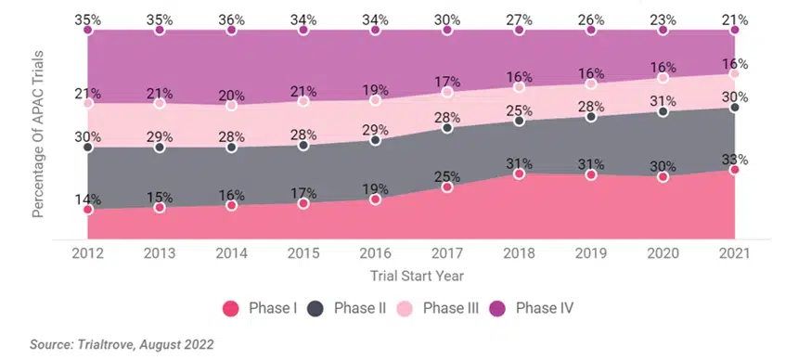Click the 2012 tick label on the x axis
87,252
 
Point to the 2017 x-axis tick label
447,252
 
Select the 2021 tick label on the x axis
734,252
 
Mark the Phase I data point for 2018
519,174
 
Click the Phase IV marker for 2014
231,31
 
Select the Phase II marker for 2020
663,111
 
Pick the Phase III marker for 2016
375,100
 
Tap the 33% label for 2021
734,159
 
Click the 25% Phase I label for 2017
447,176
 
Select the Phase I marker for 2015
303,203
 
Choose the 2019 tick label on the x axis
591,252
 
